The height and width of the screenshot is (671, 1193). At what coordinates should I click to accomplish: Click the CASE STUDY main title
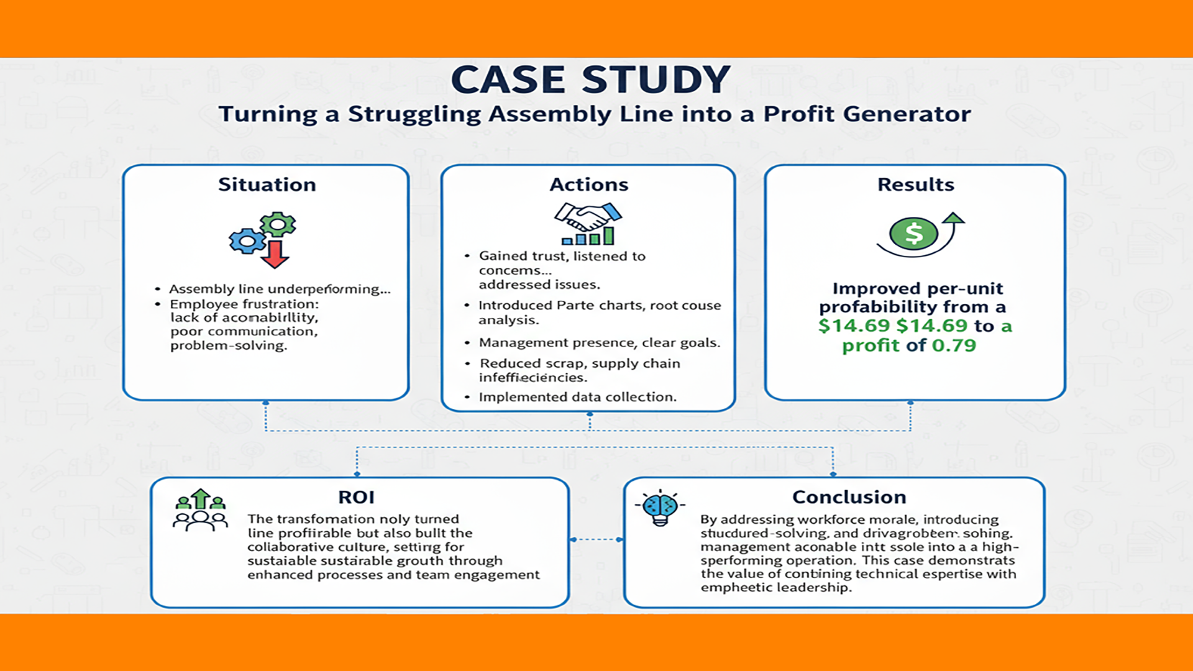(x=590, y=80)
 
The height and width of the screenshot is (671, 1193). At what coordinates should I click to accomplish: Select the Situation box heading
(x=267, y=185)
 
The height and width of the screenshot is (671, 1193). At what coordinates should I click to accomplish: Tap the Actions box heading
(x=588, y=185)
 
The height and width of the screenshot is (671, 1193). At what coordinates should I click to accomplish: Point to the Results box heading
(x=915, y=185)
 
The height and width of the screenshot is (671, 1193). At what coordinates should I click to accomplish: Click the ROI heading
(x=356, y=497)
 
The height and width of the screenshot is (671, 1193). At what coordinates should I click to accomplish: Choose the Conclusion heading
(x=849, y=497)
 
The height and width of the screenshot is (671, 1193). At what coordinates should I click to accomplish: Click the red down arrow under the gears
(x=275, y=254)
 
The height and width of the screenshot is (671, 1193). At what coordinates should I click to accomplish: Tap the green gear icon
(x=278, y=224)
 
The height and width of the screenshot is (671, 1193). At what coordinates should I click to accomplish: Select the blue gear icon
(x=247, y=240)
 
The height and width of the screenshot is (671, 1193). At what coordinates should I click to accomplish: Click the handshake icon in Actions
(x=587, y=217)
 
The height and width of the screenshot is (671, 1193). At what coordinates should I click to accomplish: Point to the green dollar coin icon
(x=913, y=234)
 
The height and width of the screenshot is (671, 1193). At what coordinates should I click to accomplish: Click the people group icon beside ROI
(x=200, y=511)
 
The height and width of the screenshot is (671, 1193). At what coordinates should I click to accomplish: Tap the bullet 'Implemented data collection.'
(x=577, y=397)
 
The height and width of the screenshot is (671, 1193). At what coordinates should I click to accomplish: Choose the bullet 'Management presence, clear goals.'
(x=599, y=343)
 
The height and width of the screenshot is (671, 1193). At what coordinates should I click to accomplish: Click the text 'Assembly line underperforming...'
(x=280, y=289)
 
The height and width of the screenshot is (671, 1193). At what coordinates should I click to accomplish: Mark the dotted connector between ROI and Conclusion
(x=596, y=539)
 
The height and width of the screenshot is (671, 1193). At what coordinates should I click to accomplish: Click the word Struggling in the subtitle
(x=414, y=114)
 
